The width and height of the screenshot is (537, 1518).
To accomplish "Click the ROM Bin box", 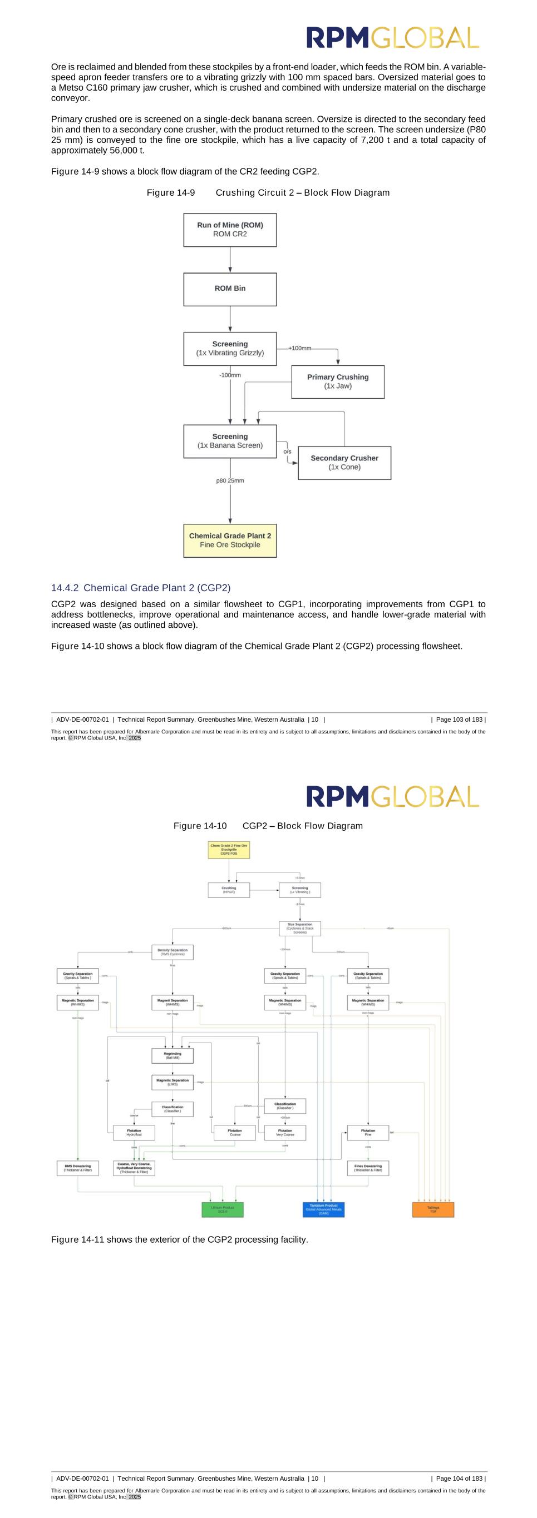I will click(230, 289).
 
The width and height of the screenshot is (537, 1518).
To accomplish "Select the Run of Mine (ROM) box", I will click(230, 229).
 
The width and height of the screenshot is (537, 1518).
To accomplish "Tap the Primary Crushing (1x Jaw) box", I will click(338, 381).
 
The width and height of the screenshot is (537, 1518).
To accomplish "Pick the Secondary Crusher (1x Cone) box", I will click(344, 463).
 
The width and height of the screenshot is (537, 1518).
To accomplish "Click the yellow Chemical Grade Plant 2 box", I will click(230, 540).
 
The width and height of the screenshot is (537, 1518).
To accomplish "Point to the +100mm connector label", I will click(299, 348).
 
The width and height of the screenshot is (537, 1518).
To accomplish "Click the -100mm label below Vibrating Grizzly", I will click(230, 375).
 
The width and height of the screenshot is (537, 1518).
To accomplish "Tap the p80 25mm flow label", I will click(230, 480).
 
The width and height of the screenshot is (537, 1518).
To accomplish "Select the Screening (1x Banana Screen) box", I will click(230, 441).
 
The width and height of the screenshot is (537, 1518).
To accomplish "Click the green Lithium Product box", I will click(222, 1209).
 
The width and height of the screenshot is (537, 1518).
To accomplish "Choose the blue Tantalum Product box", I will click(323, 1209).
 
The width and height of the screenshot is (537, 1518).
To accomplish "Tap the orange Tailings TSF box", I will click(433, 1209).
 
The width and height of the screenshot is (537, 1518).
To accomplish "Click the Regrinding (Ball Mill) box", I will click(172, 1055).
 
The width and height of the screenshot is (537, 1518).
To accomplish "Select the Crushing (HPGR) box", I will click(229, 890).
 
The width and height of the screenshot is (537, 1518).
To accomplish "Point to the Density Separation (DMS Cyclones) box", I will click(172, 952).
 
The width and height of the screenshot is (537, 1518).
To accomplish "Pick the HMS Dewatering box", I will click(78, 1167).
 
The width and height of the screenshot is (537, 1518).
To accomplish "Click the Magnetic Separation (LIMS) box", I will click(172, 1082).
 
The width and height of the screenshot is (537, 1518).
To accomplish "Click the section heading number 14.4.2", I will click(65, 588).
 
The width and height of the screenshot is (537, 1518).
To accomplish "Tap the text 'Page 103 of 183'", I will click(459, 720).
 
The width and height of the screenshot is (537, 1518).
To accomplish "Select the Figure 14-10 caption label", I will click(200, 826).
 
